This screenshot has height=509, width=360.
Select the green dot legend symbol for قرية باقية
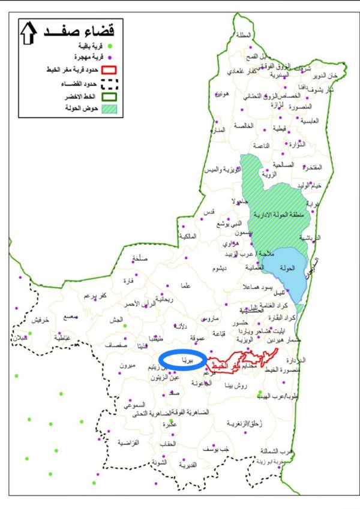point(110,46)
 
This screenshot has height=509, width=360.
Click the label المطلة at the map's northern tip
point(244,35)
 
